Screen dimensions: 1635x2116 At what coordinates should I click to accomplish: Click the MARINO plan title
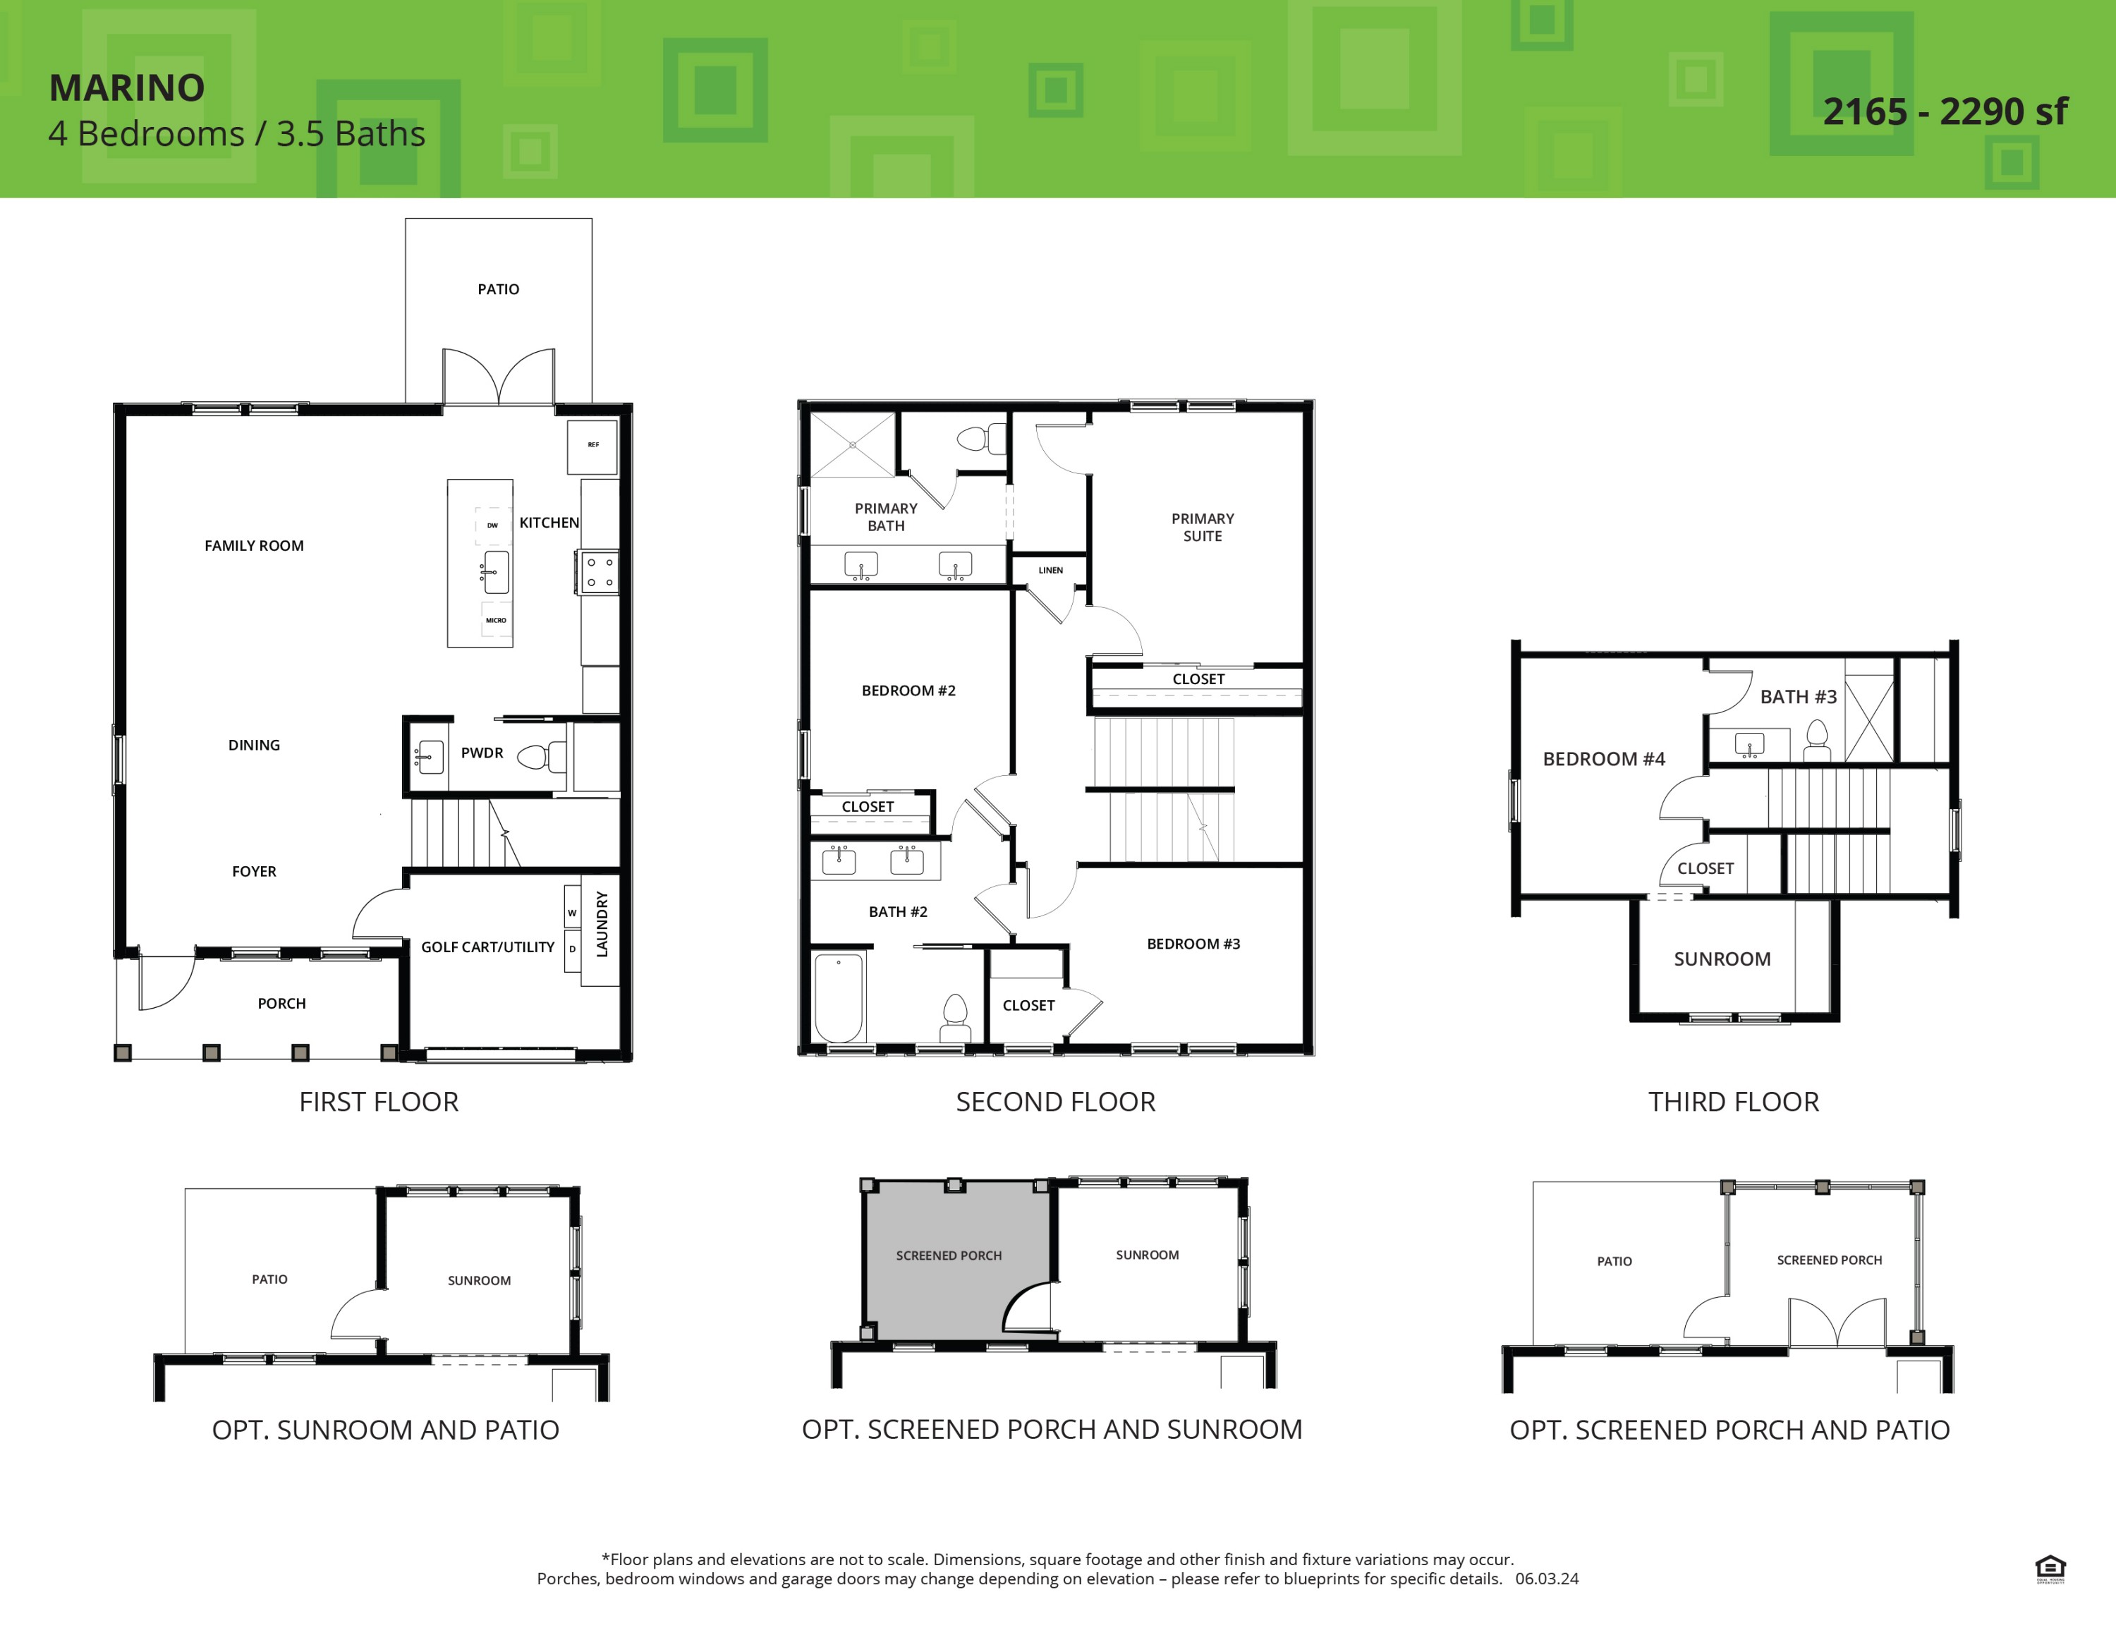click(127, 88)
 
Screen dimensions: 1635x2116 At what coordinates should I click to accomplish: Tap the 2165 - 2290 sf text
click(1945, 112)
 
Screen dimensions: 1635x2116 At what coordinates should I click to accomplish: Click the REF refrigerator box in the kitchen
click(592, 446)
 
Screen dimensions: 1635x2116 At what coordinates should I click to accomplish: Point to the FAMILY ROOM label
click(254, 546)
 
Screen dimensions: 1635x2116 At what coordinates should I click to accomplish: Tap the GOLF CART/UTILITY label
click(487, 947)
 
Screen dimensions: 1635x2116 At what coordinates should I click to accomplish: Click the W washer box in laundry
click(571, 913)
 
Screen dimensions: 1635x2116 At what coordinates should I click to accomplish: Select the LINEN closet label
click(1050, 571)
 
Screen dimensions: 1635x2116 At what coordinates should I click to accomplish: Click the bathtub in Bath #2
click(839, 997)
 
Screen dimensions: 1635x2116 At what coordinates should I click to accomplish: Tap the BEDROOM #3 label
click(1193, 944)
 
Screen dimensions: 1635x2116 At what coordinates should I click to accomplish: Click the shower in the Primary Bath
click(853, 444)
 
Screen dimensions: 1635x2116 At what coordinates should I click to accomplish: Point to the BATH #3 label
click(1798, 696)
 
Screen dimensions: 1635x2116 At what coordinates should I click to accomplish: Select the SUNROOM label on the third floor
click(1722, 959)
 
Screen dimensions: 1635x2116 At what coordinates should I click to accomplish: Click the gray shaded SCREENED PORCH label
click(949, 1256)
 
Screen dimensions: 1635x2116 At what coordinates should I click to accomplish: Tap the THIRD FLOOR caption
click(1733, 1101)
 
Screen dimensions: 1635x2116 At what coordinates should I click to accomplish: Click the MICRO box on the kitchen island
click(496, 620)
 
